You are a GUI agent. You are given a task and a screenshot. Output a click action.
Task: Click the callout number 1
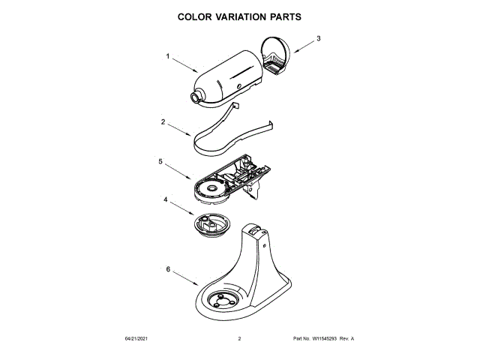pos(168,55)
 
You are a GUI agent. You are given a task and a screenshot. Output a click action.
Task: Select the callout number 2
pos(163,121)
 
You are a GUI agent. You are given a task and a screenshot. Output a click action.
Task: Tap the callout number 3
pos(318,38)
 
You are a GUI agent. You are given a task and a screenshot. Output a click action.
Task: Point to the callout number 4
pos(165,199)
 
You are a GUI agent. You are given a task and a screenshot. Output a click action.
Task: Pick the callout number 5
pos(160,160)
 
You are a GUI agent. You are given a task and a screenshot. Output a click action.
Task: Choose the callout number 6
pos(168,268)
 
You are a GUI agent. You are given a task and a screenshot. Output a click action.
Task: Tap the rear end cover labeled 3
pos(276,58)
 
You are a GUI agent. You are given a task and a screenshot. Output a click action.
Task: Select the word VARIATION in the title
pos(247,15)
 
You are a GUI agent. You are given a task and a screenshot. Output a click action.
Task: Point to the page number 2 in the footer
pos(239,339)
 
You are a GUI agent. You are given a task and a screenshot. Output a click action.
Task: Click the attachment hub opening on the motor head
pos(196,97)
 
